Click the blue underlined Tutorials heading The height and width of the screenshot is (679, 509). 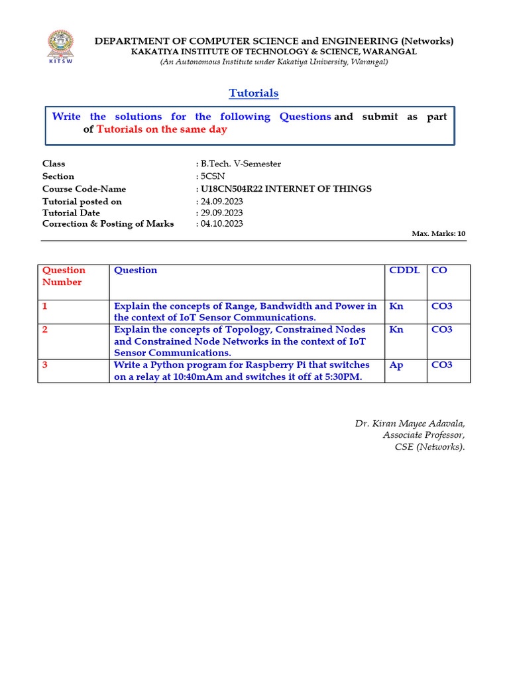254,93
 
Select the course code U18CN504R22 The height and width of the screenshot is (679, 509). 232,189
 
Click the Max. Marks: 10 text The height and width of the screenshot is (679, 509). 439,233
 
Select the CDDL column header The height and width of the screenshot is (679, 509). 404,271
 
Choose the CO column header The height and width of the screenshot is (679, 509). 438,271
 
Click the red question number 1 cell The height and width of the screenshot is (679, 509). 45,306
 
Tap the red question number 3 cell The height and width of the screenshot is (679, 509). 45,365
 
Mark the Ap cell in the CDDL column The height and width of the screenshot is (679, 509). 396,365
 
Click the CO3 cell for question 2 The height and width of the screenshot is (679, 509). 441,330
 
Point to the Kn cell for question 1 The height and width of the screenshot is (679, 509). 396,306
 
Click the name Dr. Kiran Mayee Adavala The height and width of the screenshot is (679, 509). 410,424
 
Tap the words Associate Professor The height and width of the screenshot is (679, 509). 424,435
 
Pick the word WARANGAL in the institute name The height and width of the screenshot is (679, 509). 389,52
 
